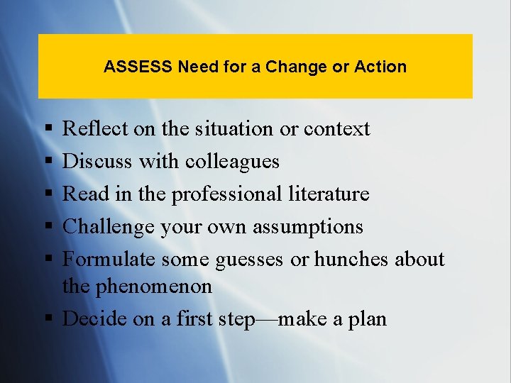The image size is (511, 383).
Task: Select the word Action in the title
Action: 380,67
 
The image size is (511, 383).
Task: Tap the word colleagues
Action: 232,162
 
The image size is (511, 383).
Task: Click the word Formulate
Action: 109,260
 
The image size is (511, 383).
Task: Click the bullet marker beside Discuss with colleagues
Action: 47,162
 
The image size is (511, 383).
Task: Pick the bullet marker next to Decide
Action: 47,319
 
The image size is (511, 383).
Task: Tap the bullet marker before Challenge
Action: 47,227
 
